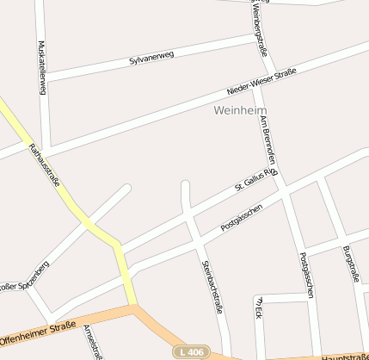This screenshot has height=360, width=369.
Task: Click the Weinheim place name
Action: point(239,111)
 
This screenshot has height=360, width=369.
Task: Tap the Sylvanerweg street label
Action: point(151,59)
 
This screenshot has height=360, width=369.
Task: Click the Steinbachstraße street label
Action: point(212,286)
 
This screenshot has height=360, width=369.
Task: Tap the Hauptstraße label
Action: point(344,356)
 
